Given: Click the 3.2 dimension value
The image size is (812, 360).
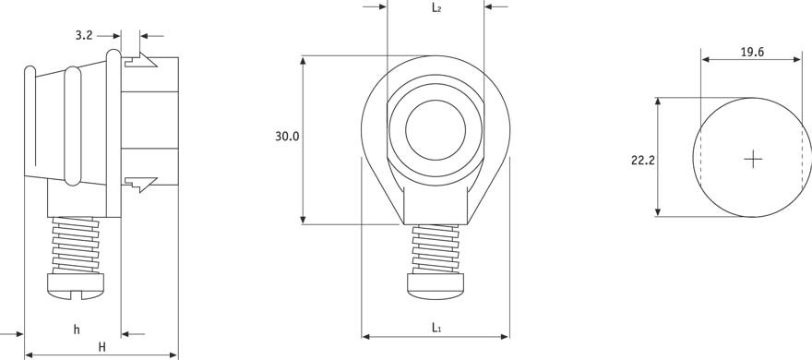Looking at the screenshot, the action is coord(83,36).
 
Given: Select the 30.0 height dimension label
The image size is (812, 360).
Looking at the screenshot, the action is coord(287,137).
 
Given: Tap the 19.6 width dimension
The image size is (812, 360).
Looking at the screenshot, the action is coord(752,53).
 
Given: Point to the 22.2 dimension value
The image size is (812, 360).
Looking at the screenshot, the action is coord(642,161).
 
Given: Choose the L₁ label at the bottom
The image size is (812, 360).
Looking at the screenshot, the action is coord(436,327).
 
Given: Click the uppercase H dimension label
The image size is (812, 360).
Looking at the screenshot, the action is coord(102,347).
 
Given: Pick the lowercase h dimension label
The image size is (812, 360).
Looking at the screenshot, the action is coord(77,330).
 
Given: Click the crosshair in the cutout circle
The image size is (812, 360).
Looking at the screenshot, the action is coord(752,159).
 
